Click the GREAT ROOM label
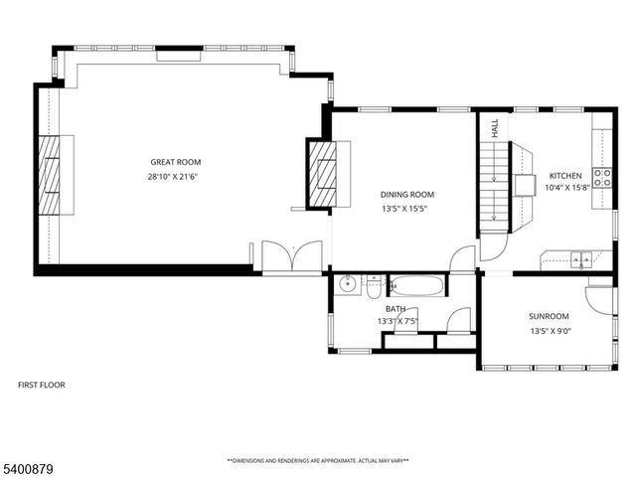click(x=175, y=162)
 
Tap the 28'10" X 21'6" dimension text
click(x=175, y=176)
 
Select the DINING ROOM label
click(x=407, y=195)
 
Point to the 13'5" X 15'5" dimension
click(x=407, y=209)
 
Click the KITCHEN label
click(x=565, y=175)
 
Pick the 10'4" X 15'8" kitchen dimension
click(x=565, y=187)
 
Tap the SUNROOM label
click(x=549, y=317)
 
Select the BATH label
click(x=396, y=309)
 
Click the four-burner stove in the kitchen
click(x=602, y=178)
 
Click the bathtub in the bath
click(x=417, y=286)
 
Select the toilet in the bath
click(x=373, y=286)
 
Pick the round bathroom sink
click(x=348, y=285)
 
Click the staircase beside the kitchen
click(x=495, y=184)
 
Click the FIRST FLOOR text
click(x=43, y=385)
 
